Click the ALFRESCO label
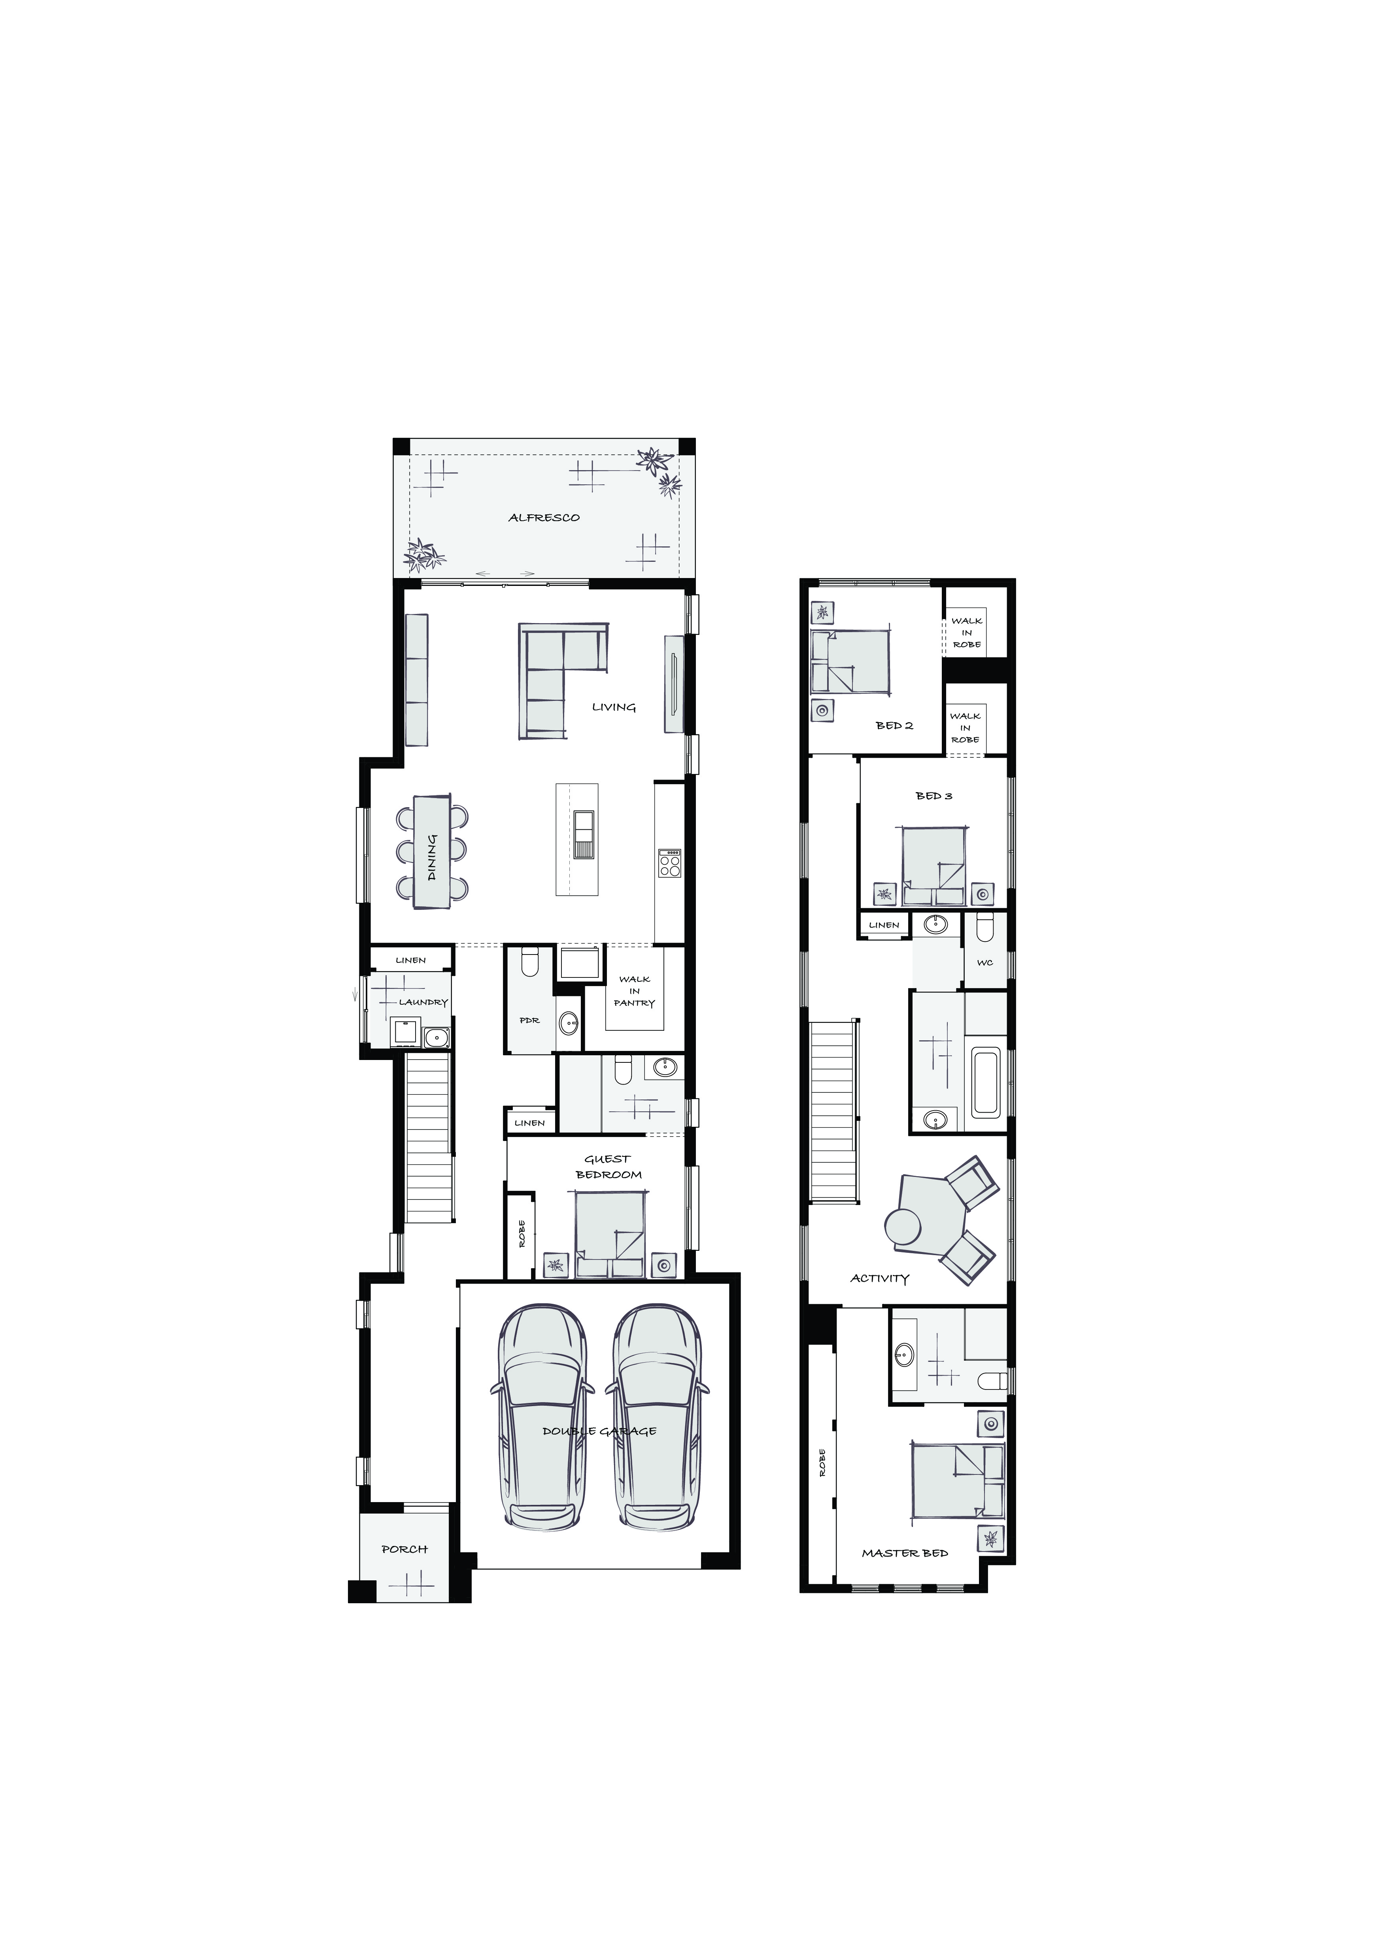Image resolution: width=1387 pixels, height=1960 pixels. pyautogui.click(x=544, y=517)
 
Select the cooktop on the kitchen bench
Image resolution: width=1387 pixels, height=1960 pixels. pyautogui.click(x=670, y=863)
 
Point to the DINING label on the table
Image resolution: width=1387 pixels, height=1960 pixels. pyautogui.click(x=432, y=857)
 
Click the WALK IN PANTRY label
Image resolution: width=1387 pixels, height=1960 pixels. pyautogui.click(x=635, y=991)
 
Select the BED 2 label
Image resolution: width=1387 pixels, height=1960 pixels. pyautogui.click(x=894, y=726)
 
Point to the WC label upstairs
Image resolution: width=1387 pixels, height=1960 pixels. pyautogui.click(x=985, y=963)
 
